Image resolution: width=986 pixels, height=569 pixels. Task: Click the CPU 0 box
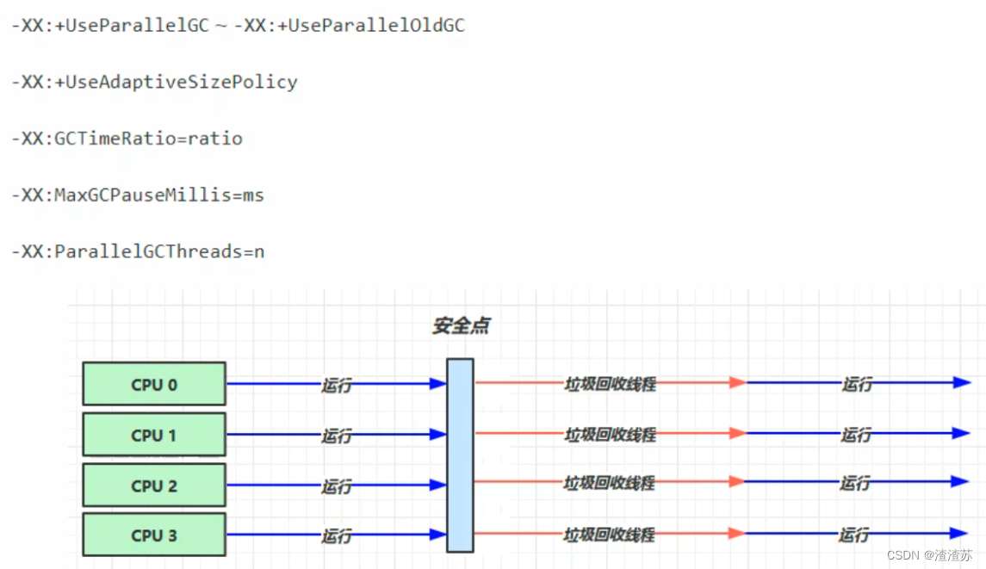pyautogui.click(x=154, y=384)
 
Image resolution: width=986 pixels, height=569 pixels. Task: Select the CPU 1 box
pyautogui.click(x=154, y=435)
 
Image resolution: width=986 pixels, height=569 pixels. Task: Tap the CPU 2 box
pyautogui.click(x=154, y=486)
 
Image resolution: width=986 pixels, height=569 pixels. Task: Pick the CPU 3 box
pyautogui.click(x=154, y=535)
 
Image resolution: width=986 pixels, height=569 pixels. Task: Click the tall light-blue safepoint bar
pyautogui.click(x=460, y=455)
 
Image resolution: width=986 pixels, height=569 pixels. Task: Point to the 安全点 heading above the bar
pyautogui.click(x=462, y=326)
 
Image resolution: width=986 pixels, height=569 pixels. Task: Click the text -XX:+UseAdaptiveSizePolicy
pyautogui.click(x=154, y=83)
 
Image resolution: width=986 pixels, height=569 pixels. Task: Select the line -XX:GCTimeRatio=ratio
pyautogui.click(x=127, y=139)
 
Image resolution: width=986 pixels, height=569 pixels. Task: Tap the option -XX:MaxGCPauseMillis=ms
pyautogui.click(x=138, y=195)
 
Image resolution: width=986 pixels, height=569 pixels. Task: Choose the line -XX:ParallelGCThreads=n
pyautogui.click(x=138, y=251)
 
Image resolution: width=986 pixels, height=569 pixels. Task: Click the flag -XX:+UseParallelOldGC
pyautogui.click(x=350, y=26)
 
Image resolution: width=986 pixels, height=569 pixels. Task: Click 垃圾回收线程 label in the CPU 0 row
pyautogui.click(x=610, y=384)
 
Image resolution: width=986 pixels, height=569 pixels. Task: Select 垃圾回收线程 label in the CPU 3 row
pyautogui.click(x=610, y=535)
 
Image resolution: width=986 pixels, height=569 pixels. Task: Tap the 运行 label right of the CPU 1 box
pyautogui.click(x=337, y=436)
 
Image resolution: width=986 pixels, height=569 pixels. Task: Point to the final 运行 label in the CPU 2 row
pyautogui.click(x=855, y=484)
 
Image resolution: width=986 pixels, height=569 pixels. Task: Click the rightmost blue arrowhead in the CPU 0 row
pyautogui.click(x=962, y=383)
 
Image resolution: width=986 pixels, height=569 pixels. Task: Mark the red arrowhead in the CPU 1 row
pyautogui.click(x=737, y=433)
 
